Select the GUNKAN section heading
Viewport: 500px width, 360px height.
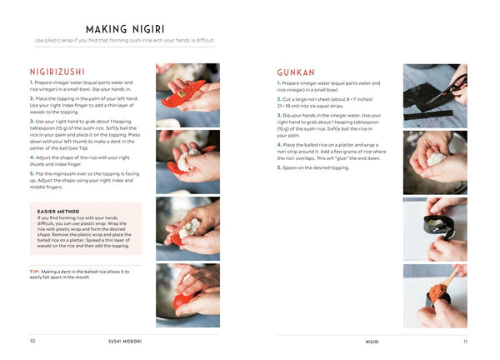296,72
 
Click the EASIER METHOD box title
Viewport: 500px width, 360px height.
58,211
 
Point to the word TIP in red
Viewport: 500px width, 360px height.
34,271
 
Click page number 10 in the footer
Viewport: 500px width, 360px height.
32,341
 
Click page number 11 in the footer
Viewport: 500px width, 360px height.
465,341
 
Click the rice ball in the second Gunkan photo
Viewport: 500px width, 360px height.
434,157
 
